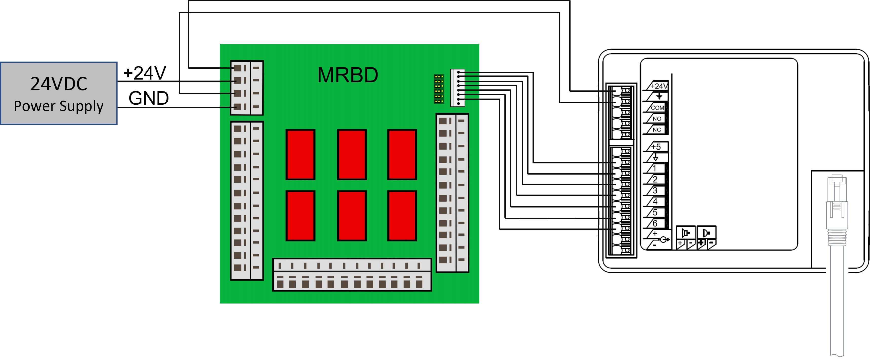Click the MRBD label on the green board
click(x=348, y=75)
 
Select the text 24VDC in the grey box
click(x=59, y=84)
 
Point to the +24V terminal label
click(x=658, y=86)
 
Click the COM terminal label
click(x=657, y=108)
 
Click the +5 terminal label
click(x=656, y=147)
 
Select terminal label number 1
click(x=654, y=168)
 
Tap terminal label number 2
click(x=655, y=179)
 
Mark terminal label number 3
click(x=655, y=191)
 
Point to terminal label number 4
click(x=655, y=201)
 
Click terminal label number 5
click(x=655, y=212)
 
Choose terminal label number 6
click(x=655, y=223)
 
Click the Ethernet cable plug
click(x=837, y=209)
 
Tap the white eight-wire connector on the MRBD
click(x=458, y=88)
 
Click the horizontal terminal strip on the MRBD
click(x=352, y=275)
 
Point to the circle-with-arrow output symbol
click(x=664, y=239)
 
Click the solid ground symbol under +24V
click(x=659, y=97)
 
